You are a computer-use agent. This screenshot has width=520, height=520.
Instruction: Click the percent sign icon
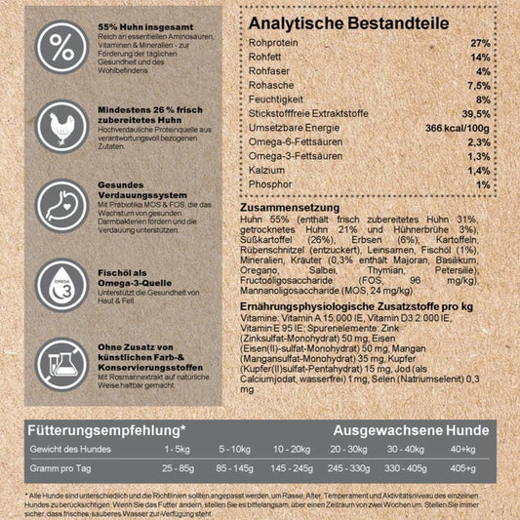pyautogui.click(x=60, y=46)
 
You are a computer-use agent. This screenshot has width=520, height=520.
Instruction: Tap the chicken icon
pyautogui.click(x=60, y=126)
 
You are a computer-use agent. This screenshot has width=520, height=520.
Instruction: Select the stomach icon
pyautogui.click(x=60, y=205)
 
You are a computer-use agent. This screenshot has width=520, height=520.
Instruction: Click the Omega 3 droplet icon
pyautogui.click(x=60, y=284)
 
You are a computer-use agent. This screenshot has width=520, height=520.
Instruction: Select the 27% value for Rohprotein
pyautogui.click(x=479, y=43)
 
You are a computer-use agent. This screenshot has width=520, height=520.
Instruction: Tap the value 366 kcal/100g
pyautogui.click(x=455, y=127)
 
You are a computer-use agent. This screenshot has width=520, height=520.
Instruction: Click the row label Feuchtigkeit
pyautogui.click(x=277, y=100)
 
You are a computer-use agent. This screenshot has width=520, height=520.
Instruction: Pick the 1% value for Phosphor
pyautogui.click(x=481, y=183)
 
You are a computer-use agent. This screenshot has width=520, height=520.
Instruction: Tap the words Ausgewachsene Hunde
pyautogui.click(x=412, y=430)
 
